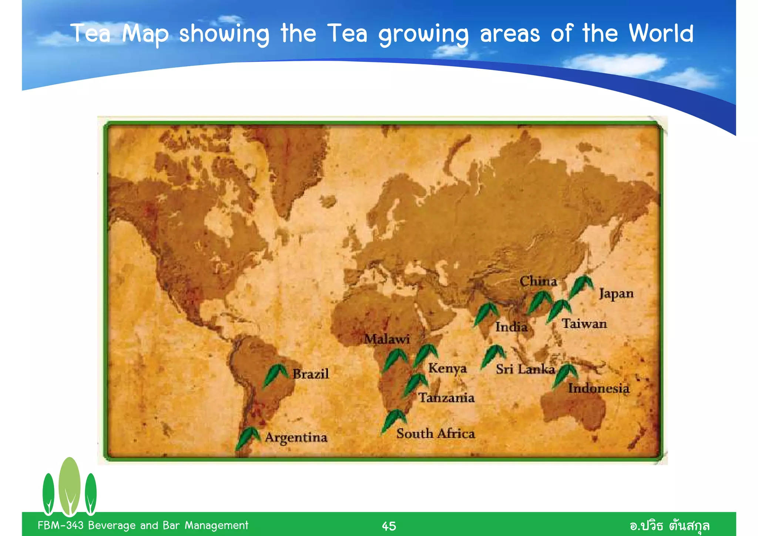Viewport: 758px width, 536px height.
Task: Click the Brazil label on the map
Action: point(311,374)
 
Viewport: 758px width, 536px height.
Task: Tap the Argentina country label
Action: point(296,438)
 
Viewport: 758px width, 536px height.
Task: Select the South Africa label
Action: point(435,433)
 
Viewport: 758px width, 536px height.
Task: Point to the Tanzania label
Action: point(446,398)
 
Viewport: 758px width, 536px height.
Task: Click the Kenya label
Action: point(447,368)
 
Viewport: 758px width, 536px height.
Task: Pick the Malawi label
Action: point(387,339)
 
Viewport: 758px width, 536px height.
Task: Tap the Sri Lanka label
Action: point(525,369)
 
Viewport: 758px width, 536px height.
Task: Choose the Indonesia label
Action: point(598,388)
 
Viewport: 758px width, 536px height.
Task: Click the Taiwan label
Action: point(584,324)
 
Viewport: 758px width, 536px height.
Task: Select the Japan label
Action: point(616,294)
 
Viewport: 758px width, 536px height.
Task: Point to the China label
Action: point(538,281)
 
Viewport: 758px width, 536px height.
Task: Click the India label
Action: point(511,327)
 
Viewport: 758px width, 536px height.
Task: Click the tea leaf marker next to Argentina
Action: point(247,437)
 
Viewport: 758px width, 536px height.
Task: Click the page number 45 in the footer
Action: point(389,526)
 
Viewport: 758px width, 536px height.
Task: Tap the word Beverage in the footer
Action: point(111,526)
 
